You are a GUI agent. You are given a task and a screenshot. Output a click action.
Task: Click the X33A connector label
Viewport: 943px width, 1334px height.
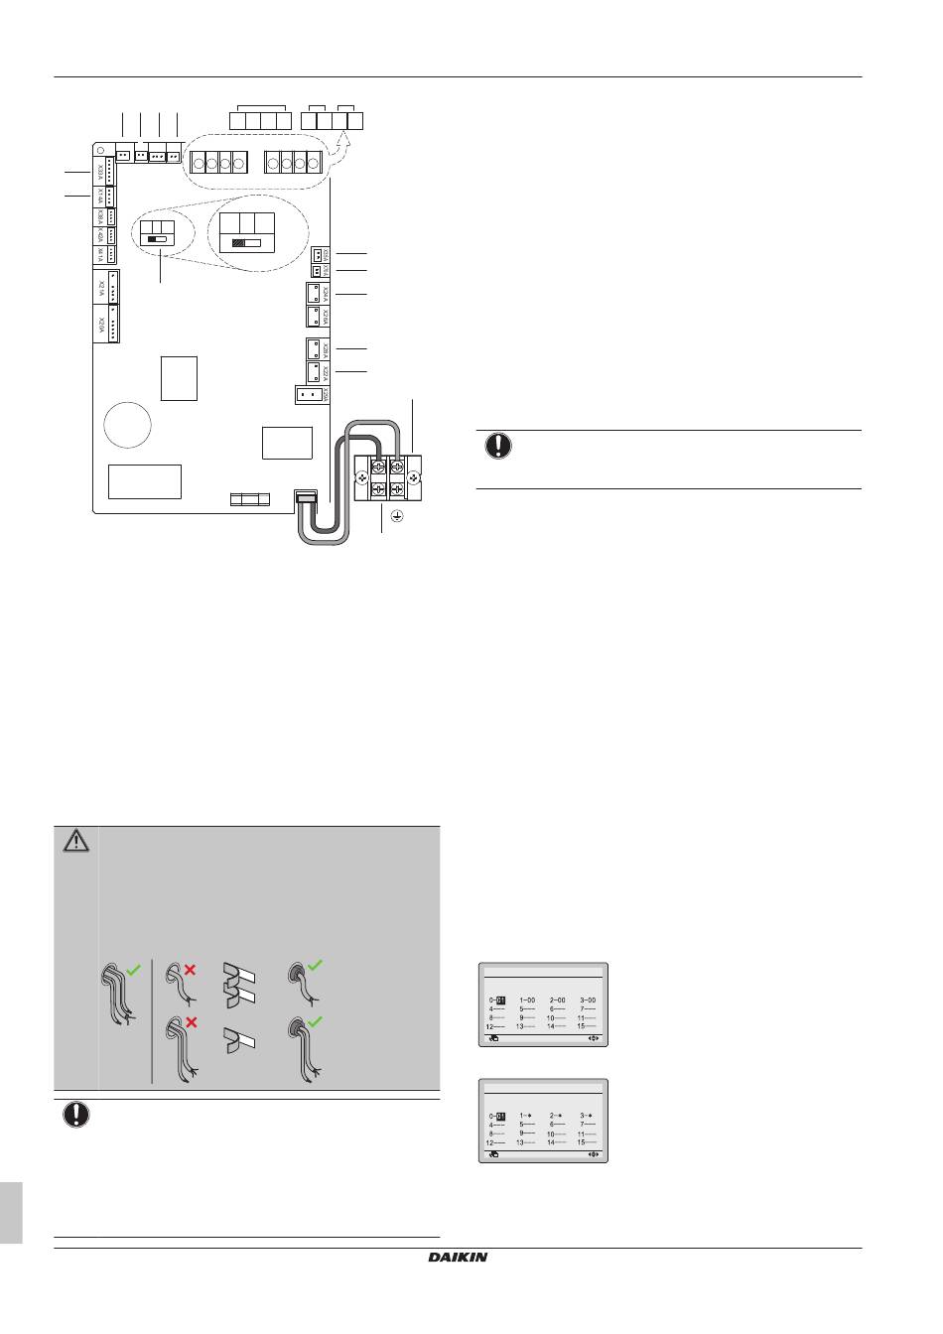pos(101,173)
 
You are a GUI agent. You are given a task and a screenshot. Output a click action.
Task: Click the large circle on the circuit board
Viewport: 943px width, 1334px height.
pos(126,424)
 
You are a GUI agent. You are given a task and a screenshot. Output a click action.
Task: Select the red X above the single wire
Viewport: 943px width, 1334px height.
pos(188,970)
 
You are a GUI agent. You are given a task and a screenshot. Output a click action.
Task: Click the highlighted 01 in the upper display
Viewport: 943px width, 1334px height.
pos(502,1000)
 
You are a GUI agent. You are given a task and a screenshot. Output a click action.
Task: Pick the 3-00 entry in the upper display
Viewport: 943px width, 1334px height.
pos(588,1000)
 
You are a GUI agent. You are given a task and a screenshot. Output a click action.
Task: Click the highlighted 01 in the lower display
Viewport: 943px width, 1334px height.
pos(502,1116)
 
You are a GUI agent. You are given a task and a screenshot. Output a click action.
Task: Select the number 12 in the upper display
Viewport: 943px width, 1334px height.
pos(490,1026)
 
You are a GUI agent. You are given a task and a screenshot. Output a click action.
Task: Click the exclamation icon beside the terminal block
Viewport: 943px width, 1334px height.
pos(498,447)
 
